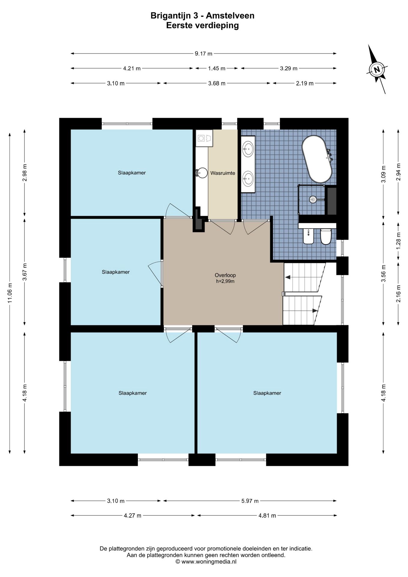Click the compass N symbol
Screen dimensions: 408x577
pyautogui.click(x=377, y=69)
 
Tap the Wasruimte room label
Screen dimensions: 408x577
pyautogui.click(x=223, y=173)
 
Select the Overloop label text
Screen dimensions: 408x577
pyautogui.click(x=225, y=275)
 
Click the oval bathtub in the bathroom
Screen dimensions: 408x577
pyautogui.click(x=317, y=159)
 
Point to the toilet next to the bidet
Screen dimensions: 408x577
pyautogui.click(x=326, y=236)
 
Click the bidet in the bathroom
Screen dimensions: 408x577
pyautogui.click(x=308, y=236)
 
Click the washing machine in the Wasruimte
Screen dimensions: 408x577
pyautogui.click(x=204, y=138)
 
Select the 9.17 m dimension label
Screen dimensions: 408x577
pyautogui.click(x=203, y=54)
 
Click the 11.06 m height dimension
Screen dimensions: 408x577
pyautogui.click(x=10, y=293)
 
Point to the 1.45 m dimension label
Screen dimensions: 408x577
pyautogui.click(x=217, y=69)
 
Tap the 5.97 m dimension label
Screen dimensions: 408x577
pyautogui.click(x=250, y=501)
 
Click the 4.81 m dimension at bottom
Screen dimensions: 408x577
pyautogui.click(x=267, y=516)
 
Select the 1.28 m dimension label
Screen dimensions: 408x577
pyautogui.click(x=399, y=240)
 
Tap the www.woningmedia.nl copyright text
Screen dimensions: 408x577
pyautogui.click(x=206, y=561)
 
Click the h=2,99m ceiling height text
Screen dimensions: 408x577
pyautogui.click(x=225, y=282)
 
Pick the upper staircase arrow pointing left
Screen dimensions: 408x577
pyautogui.click(x=288, y=277)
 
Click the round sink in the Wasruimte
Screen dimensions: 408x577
pyautogui.click(x=203, y=173)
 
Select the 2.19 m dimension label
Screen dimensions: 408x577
pyautogui.click(x=305, y=84)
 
